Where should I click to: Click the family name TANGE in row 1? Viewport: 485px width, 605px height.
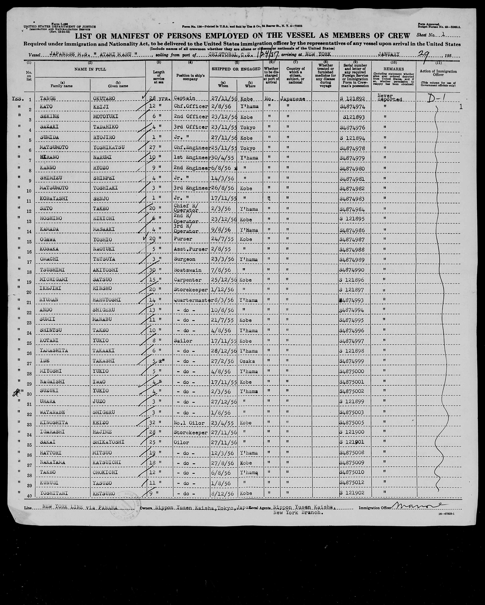click(48, 98)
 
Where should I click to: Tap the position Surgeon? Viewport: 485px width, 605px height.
click(185, 259)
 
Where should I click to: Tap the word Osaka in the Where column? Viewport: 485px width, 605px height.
click(247, 361)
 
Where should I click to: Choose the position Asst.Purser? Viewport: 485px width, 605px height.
click(191, 249)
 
